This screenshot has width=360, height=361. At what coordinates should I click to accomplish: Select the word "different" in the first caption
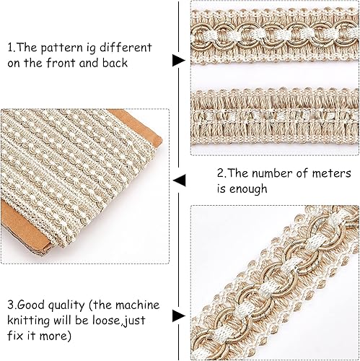tap(126, 47)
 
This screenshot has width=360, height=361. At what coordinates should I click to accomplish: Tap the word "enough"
tap(248, 189)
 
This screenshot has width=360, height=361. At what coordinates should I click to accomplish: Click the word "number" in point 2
tap(272, 173)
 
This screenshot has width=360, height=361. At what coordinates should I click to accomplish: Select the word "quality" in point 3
tap(66, 306)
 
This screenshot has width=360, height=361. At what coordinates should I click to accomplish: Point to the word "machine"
tap(138, 305)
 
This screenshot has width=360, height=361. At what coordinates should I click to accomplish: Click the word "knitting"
tap(28, 321)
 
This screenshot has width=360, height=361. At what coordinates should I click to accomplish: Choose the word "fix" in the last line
tap(15, 336)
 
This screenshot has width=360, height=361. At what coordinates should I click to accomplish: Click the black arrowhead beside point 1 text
tap(179, 61)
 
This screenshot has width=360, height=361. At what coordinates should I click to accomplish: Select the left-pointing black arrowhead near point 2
tap(180, 180)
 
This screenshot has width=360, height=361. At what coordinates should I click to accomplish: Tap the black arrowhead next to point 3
tap(179, 316)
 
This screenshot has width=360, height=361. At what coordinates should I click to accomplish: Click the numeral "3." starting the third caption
tap(12, 305)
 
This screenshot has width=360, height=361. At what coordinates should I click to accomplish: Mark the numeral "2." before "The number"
tap(221, 173)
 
